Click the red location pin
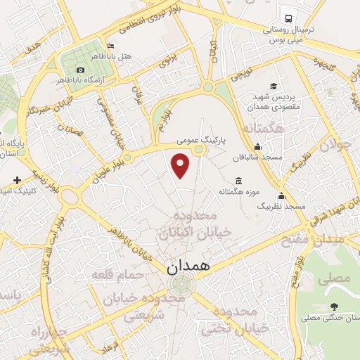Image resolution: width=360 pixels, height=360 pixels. click(181, 165)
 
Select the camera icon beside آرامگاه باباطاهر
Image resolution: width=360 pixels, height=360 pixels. click(81, 70)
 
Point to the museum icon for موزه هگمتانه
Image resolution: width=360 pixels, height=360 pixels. click(238, 181)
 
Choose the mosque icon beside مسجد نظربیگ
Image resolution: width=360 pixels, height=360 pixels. click(281, 195)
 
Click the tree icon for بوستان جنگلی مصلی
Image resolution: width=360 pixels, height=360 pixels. click(333, 307)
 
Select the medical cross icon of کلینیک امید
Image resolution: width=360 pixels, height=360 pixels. click(17, 181)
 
